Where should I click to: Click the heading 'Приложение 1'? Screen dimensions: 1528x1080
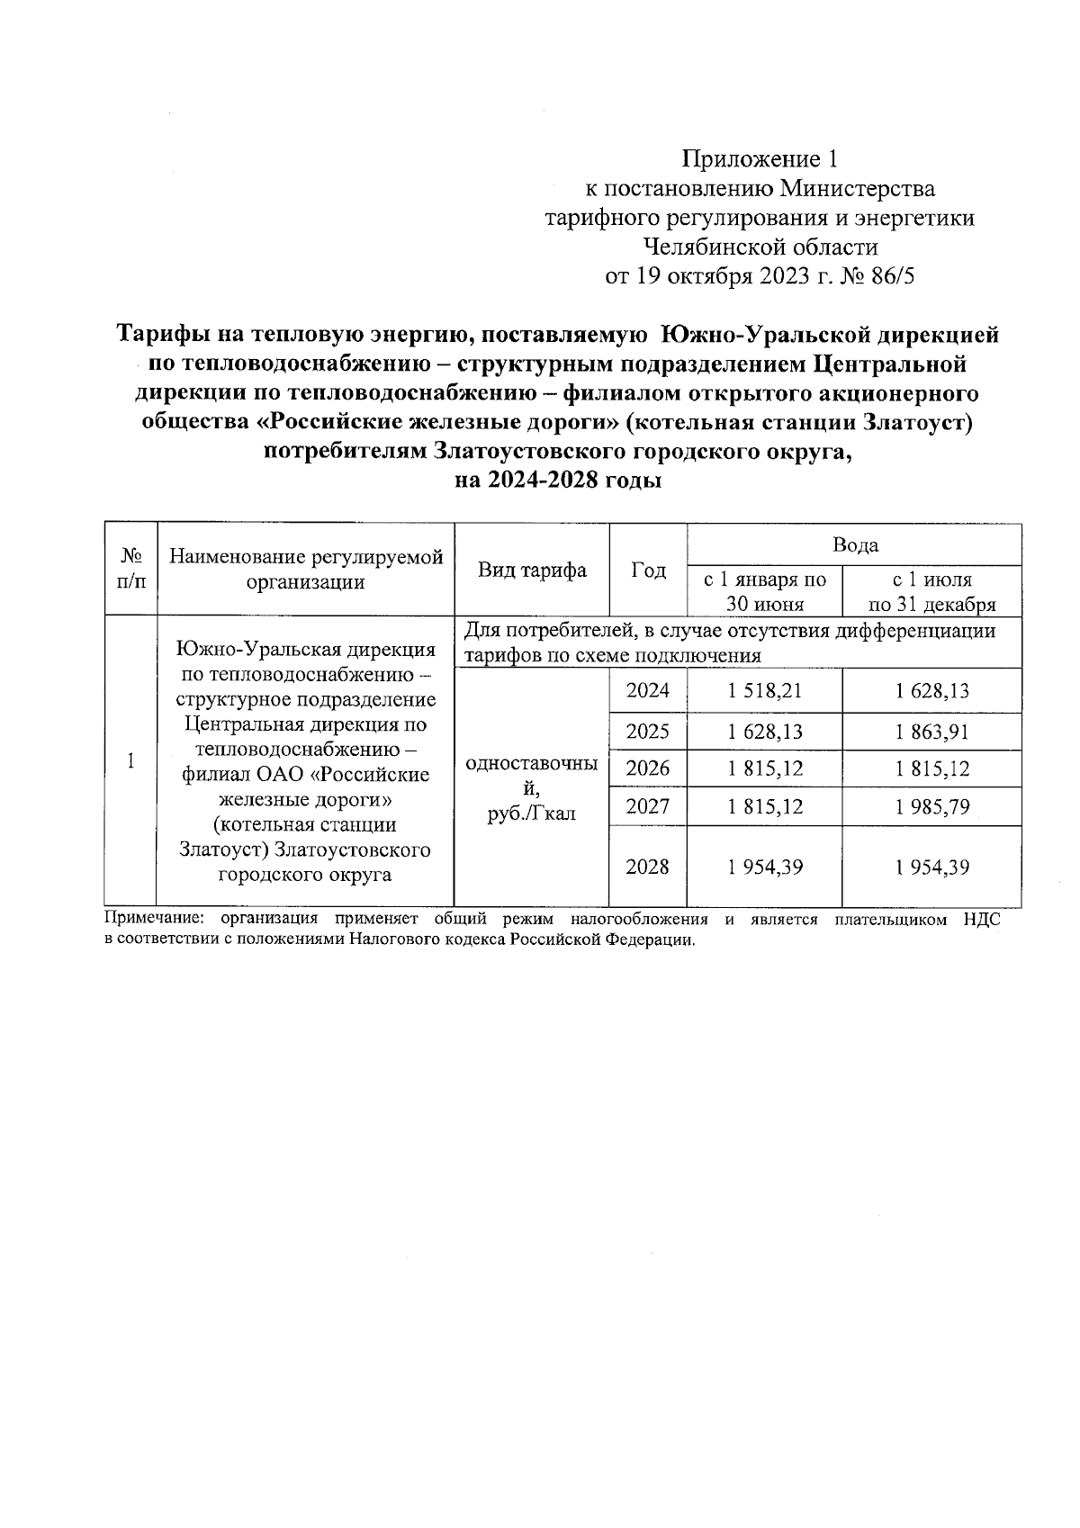760,160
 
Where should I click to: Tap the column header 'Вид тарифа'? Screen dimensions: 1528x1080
531,571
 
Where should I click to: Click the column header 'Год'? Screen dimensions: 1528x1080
648,571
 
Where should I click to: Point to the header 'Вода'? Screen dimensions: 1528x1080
854,545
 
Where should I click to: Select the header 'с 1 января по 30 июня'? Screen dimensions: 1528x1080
764,591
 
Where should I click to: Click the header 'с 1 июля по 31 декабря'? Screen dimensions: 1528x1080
931,591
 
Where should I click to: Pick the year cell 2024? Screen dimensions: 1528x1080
648,691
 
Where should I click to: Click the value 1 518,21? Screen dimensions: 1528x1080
764,691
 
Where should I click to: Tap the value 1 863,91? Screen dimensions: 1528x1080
931,732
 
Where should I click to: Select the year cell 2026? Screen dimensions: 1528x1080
648,768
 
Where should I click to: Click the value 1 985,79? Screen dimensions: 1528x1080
931,806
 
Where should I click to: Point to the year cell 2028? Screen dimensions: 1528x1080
648,867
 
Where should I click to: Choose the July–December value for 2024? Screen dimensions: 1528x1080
931,691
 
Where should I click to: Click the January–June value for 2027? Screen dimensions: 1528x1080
764,806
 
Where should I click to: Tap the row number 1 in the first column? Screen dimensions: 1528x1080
131,761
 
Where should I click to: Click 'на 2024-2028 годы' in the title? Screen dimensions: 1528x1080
558,481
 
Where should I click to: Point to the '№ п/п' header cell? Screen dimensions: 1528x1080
131,571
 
